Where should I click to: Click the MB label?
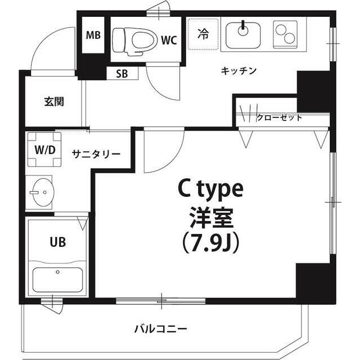pos(93,35)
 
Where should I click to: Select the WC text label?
pos(169,40)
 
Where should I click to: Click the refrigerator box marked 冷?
pos(202,34)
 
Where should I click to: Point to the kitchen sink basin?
pos(243,34)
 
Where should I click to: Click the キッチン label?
pos(239,71)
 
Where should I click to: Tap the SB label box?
pos(121,73)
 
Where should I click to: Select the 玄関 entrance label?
pos(54,102)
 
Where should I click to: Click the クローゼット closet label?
pos(280,118)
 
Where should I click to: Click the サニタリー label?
pos(96,153)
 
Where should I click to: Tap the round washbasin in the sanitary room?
pos(41,193)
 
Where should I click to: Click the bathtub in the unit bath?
pos(57,278)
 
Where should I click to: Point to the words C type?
pos(210,190)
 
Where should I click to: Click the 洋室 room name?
pos(210,216)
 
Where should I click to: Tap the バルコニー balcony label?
pos(161,328)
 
